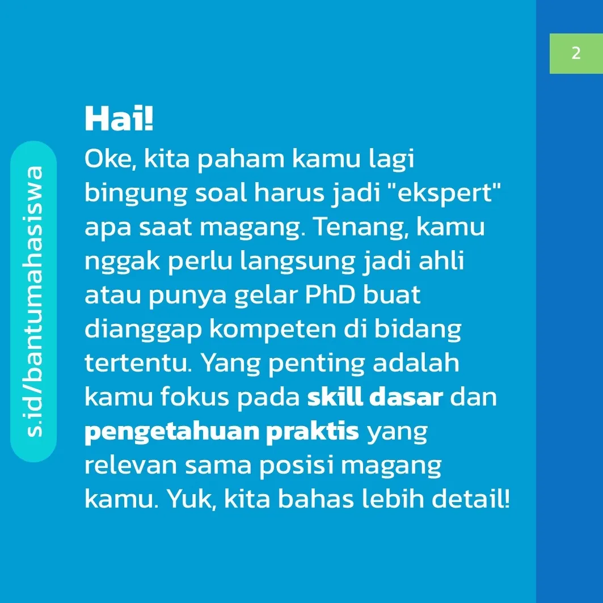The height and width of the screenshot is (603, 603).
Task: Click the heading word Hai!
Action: (119, 118)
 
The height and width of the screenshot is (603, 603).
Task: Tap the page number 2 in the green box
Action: (576, 53)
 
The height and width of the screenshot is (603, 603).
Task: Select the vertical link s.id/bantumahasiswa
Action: (34, 302)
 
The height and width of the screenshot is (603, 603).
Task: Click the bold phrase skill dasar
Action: (375, 397)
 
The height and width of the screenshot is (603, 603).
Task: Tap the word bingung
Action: (136, 193)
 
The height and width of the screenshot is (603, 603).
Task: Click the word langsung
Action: (297, 262)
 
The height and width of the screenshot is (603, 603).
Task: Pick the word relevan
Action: (130, 465)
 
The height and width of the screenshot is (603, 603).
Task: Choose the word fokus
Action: (195, 397)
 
